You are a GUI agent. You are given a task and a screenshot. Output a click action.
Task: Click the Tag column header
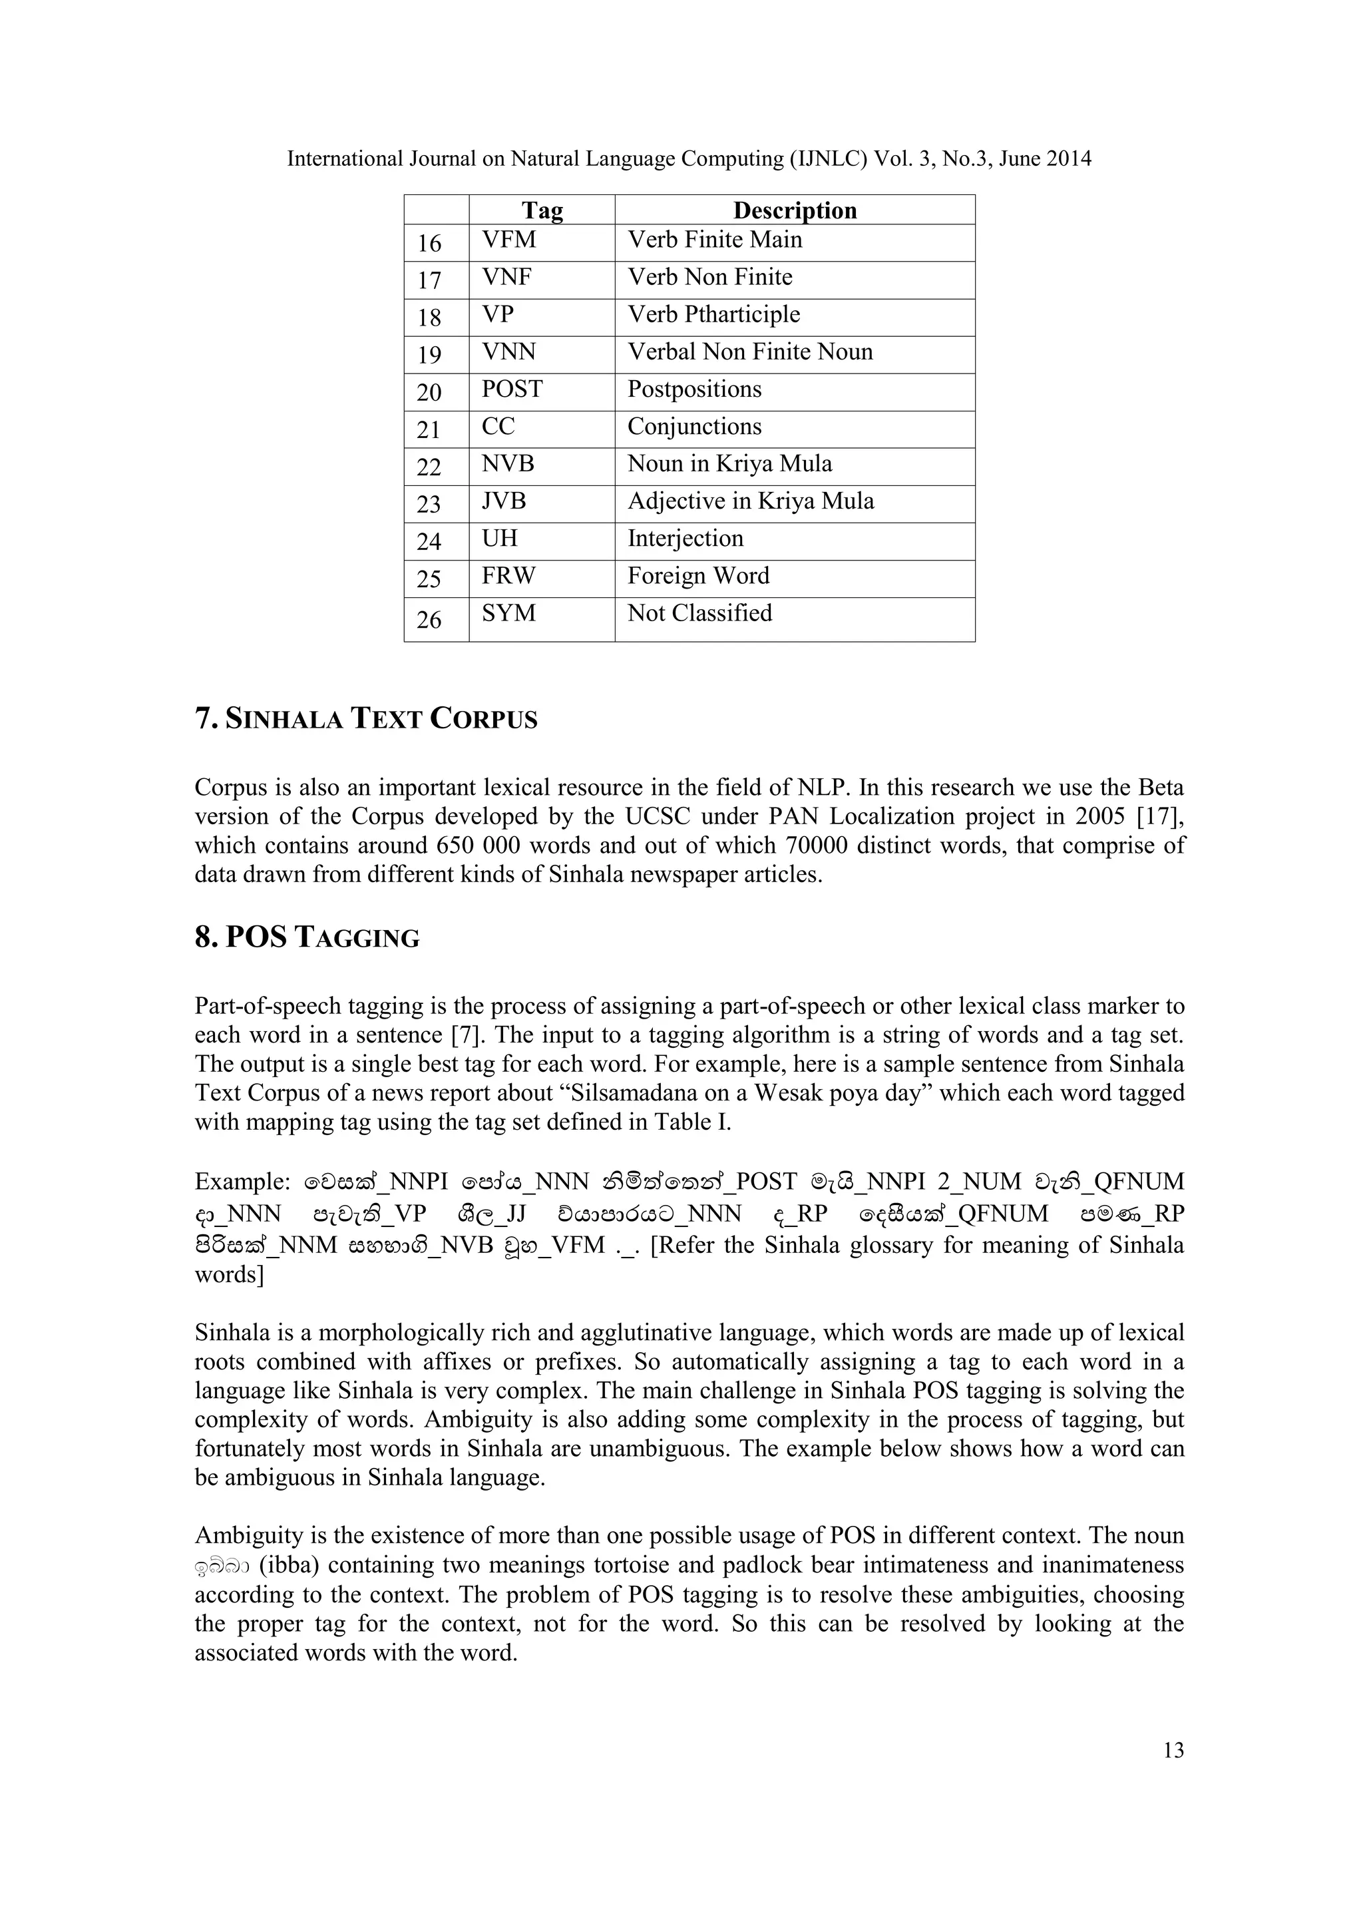[x=542, y=210]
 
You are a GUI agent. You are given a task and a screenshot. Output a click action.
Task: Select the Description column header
[x=795, y=210]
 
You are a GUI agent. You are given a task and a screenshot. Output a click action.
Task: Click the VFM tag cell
[x=508, y=240]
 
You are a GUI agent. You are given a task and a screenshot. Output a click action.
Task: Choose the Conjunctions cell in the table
[x=695, y=427]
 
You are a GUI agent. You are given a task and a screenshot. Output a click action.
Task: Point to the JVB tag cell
[x=504, y=501]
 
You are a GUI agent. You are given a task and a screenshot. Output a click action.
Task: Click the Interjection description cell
[x=685, y=539]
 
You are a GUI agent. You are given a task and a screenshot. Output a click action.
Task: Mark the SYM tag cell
[x=508, y=614]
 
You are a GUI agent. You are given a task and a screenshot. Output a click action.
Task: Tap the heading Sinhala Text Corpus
[x=366, y=720]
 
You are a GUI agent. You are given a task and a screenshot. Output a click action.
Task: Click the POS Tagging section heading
[x=307, y=938]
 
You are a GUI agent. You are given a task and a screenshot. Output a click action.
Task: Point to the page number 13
[x=1173, y=1750]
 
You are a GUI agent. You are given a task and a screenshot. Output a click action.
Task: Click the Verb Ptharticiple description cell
[x=714, y=315]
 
